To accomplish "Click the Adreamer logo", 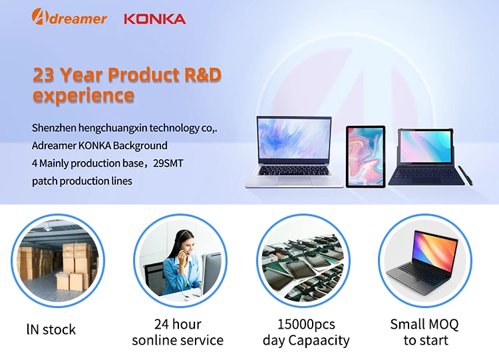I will (69, 18).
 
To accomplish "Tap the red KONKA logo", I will (154, 18).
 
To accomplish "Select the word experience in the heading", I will (83, 95).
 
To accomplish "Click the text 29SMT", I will (169, 163).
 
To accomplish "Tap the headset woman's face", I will (181, 243).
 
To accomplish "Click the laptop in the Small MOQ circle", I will (424, 259).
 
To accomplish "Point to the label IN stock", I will (51, 329).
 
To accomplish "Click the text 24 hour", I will (177, 325).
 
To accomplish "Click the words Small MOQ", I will (424, 325).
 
